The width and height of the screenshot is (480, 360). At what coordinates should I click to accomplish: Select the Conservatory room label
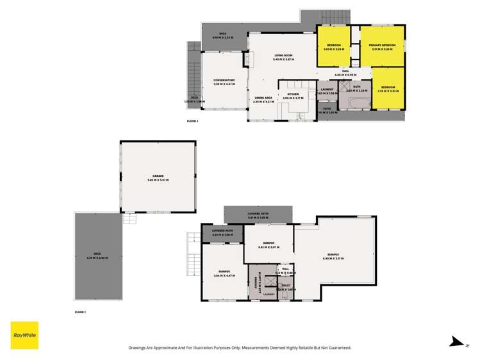coord(224,81)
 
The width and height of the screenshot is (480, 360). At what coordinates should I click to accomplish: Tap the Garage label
coord(158,177)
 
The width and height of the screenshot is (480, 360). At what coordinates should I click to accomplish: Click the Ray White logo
coord(24,335)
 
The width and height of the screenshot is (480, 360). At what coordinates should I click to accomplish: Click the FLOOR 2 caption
coord(193,121)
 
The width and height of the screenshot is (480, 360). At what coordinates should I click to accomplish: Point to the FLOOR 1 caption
coord(81,312)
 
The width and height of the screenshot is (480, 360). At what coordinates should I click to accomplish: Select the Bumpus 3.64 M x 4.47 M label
coord(224,274)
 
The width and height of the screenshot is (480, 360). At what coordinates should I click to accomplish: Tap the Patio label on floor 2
coord(326,110)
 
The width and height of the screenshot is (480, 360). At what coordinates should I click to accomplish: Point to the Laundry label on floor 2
coord(327,91)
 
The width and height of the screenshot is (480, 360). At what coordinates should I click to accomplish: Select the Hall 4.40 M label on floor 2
coord(345,72)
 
